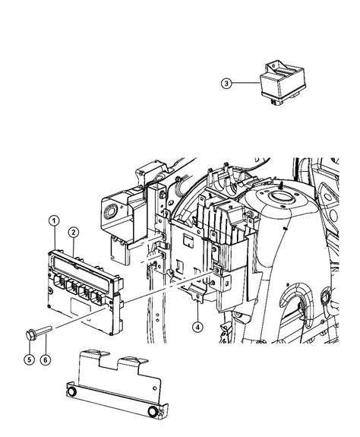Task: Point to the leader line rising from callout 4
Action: pyautogui.click(x=197, y=308)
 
